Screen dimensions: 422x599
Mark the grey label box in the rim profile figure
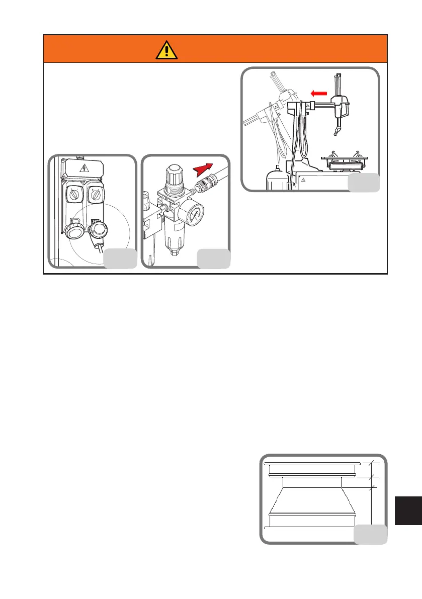[x=371, y=534]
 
